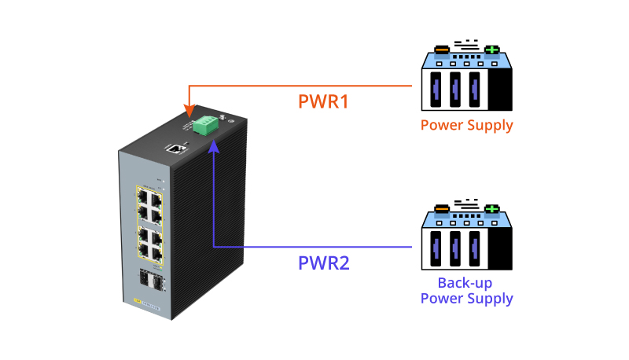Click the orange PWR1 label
323,102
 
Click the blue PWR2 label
324,263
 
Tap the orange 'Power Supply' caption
466,125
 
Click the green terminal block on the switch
207,123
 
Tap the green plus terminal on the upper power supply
492,50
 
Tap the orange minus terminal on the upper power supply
442,50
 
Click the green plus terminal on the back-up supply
492,209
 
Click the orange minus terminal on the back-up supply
442,209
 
